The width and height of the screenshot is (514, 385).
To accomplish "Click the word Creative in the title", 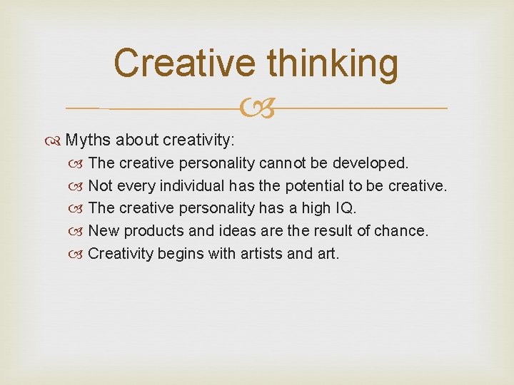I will (185, 63).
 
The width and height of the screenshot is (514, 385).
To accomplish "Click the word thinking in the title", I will (332, 64).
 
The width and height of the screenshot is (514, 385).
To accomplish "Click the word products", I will (158, 231).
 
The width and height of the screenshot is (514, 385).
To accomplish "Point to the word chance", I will (403, 231).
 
